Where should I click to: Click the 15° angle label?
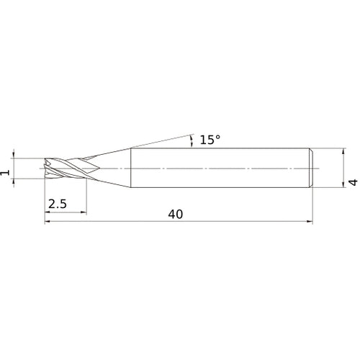tap(210, 140)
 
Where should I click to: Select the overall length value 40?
tap(175, 214)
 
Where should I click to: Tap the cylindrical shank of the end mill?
tap(216, 168)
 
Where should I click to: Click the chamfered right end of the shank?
tap(310, 168)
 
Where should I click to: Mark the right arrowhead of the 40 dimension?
tap(310, 222)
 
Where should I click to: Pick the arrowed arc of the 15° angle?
tap(192, 139)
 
